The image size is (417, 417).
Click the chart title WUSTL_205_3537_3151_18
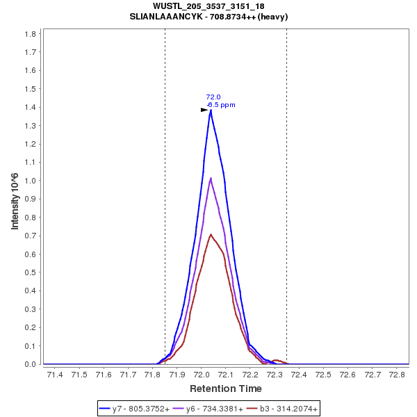(208, 6)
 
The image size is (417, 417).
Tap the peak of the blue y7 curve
(210, 110)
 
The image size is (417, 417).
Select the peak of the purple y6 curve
(211, 179)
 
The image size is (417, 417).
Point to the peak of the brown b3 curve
(211, 235)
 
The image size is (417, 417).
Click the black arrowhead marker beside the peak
(204, 110)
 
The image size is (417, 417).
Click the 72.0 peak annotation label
(213, 97)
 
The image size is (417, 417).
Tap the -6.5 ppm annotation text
(221, 105)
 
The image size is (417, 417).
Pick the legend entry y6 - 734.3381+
(214, 409)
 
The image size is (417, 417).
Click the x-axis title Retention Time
(226, 389)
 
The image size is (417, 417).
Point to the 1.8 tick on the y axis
(30, 33)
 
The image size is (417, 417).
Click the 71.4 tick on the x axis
(54, 375)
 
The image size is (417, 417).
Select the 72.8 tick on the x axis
(397, 375)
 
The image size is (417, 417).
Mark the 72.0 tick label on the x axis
(201, 375)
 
